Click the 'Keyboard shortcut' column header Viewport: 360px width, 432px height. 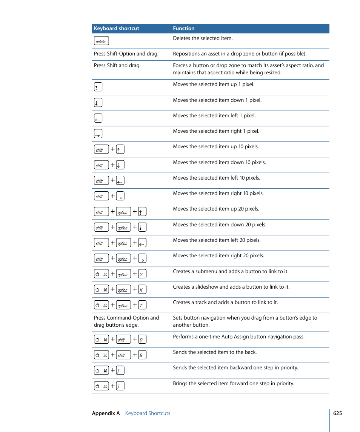pyautogui.click(x=116, y=29)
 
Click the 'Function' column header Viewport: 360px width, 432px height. pyautogui.click(x=184, y=29)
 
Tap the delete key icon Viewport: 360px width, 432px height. pyautogui.click(x=101, y=41)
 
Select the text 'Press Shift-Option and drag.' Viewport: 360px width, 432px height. pyautogui.click(x=126, y=54)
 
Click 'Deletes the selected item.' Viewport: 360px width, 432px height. pyautogui.click(x=203, y=38)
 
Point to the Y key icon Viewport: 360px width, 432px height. pyautogui.click(x=142, y=274)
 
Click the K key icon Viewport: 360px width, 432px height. pyautogui.click(x=142, y=290)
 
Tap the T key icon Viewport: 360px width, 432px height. pyautogui.click(x=142, y=305)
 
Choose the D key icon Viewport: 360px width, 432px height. pyautogui.click(x=142, y=340)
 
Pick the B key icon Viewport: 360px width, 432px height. pyautogui.click(x=142, y=355)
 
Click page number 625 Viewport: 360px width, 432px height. pyautogui.click(x=337, y=413)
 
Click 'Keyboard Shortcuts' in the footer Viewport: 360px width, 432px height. pyautogui.click(x=148, y=413)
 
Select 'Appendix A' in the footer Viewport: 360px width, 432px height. pyautogui.click(x=106, y=413)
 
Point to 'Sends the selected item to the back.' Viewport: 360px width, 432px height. pyautogui.click(x=215, y=352)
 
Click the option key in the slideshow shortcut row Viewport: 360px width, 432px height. pyautogui.click(x=123, y=290)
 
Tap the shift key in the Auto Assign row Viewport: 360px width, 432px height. pyautogui.click(x=123, y=340)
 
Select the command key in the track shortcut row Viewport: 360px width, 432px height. pyautogui.click(x=101, y=305)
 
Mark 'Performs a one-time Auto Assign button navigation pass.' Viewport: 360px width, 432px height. pyautogui.click(x=238, y=337)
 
